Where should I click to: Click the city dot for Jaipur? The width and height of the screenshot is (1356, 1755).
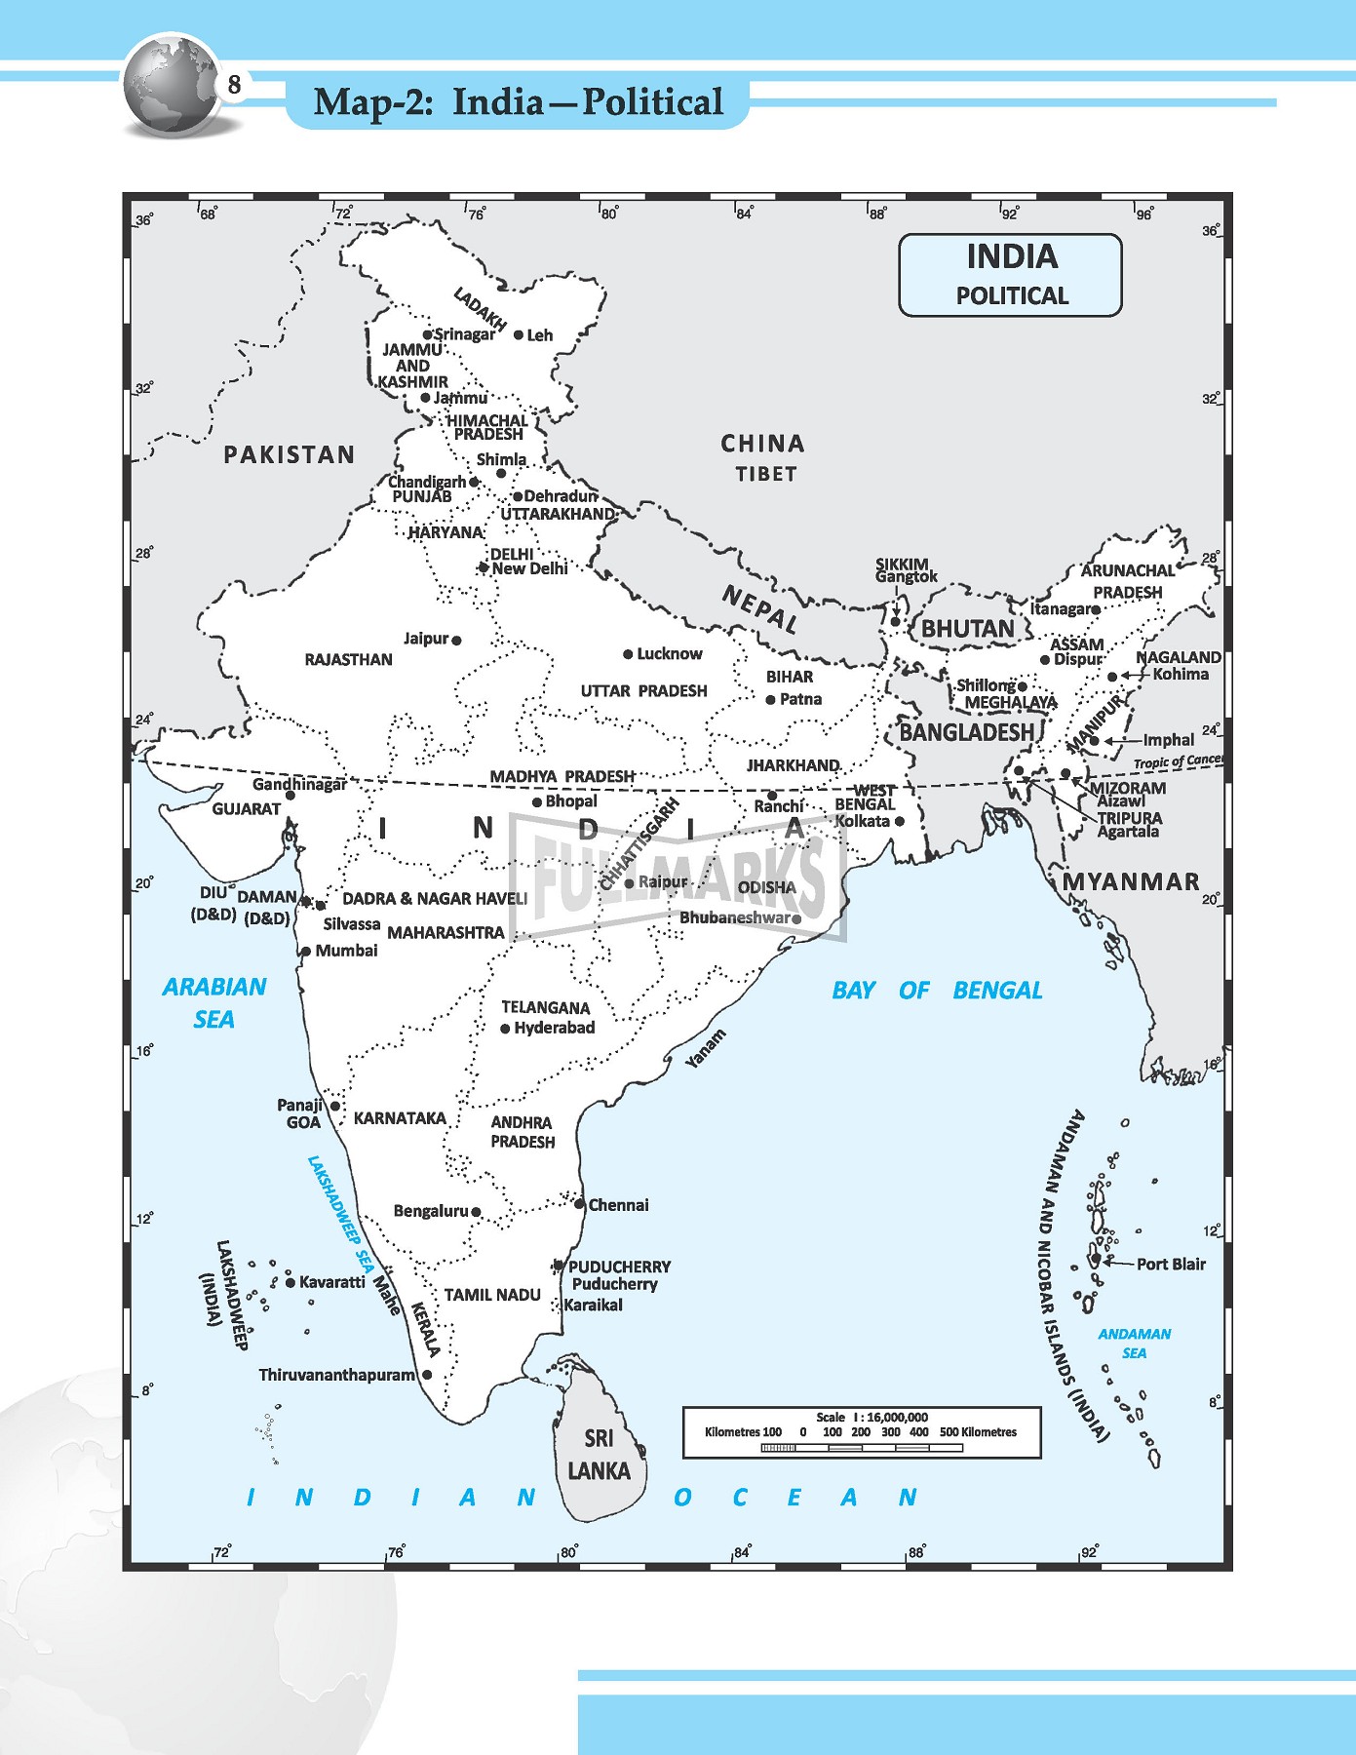tap(457, 641)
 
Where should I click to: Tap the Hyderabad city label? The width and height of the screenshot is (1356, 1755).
tap(554, 1028)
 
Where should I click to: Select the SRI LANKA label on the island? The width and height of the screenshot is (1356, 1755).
tap(599, 1454)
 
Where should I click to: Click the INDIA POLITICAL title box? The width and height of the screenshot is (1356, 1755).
tap(1010, 275)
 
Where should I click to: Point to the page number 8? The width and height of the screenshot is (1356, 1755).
tap(234, 86)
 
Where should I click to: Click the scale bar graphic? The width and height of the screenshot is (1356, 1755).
tap(861, 1448)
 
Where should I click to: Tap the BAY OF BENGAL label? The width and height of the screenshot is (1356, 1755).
tap(936, 991)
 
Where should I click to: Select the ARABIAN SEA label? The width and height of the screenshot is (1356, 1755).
tap(213, 1002)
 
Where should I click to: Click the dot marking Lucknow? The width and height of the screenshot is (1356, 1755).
tap(628, 654)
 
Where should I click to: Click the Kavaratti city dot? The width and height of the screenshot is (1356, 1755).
tap(291, 1282)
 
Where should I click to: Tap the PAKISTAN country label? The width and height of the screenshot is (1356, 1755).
tap(290, 454)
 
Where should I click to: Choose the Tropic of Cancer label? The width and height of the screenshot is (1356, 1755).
tap(1177, 761)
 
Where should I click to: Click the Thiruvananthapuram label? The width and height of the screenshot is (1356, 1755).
tap(336, 1375)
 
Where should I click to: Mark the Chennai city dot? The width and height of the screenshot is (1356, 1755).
tap(580, 1204)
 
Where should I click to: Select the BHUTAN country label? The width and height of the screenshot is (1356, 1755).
tap(967, 629)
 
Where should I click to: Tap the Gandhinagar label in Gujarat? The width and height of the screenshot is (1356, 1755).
tap(299, 784)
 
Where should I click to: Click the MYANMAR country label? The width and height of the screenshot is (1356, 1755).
tap(1130, 881)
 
